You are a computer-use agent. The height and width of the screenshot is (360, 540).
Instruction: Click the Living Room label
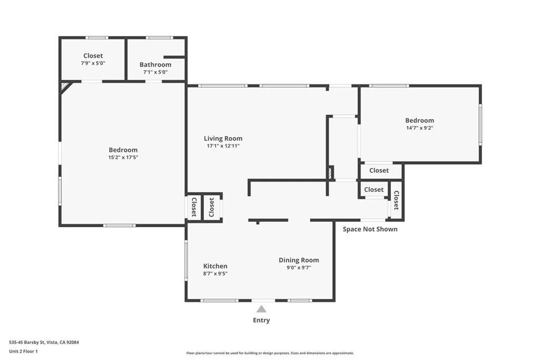[x=223, y=139]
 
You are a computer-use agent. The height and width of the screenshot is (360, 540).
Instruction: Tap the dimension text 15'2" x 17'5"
[x=123, y=157]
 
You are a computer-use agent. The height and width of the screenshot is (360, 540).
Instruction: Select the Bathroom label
[x=155, y=65]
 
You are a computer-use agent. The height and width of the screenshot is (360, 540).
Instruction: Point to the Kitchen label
[x=215, y=266]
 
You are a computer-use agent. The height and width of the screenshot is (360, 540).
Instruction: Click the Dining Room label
[x=298, y=260]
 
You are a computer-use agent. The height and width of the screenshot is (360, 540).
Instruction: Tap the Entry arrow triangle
[x=261, y=309]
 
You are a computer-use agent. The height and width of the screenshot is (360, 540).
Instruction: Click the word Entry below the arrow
[x=261, y=320]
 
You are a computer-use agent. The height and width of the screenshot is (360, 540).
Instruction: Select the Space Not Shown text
[x=370, y=229]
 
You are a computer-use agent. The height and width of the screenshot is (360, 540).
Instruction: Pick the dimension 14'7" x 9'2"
[x=419, y=128]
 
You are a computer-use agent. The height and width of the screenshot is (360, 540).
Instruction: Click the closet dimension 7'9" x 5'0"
[x=93, y=63]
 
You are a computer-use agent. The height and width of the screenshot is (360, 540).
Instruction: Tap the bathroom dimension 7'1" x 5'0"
[x=155, y=72]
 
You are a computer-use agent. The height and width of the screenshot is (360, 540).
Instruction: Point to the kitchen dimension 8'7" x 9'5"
[x=215, y=274]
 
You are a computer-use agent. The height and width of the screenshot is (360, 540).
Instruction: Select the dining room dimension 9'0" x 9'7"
[x=298, y=267]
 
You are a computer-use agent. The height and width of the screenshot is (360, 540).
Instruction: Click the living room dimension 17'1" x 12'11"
[x=223, y=146]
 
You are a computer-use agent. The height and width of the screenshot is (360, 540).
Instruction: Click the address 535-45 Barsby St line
[x=44, y=342]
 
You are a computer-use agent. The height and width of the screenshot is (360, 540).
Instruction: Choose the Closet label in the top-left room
[x=93, y=55]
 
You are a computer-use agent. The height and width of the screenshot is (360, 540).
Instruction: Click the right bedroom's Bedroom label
[x=419, y=120]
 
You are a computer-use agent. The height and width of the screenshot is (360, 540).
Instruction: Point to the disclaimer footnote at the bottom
[x=270, y=353]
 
